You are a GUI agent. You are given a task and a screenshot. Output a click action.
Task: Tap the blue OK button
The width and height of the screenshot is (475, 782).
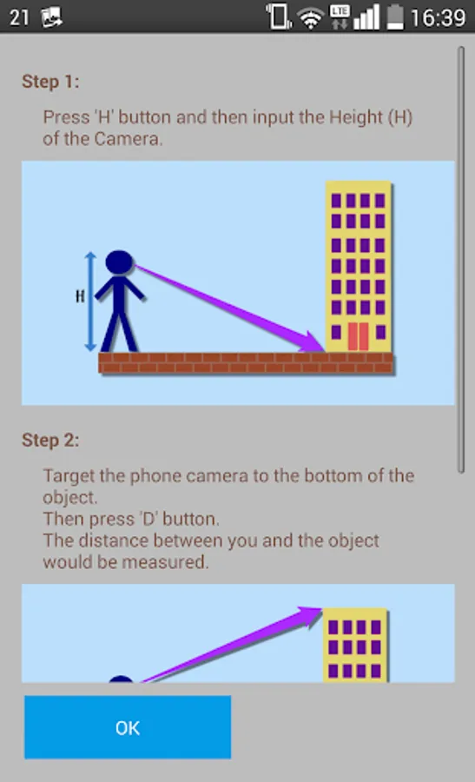click(128, 727)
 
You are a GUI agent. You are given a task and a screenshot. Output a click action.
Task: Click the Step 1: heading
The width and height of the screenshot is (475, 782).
click(50, 82)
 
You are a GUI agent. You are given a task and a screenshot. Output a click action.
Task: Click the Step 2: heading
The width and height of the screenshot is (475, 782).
click(50, 440)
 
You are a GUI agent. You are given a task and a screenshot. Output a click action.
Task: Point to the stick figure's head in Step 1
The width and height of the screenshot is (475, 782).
click(119, 262)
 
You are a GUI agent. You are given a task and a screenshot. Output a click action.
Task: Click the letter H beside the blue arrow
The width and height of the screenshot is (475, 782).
click(80, 297)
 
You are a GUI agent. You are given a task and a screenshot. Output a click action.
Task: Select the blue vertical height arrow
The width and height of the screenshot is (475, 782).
click(90, 302)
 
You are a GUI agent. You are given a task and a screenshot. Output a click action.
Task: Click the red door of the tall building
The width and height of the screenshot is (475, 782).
click(358, 336)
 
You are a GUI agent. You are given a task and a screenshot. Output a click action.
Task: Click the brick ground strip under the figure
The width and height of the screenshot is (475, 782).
click(246, 362)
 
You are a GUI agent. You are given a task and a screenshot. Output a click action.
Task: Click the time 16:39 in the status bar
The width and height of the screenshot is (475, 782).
click(439, 18)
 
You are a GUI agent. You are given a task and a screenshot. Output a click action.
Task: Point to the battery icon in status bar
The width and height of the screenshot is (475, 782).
click(395, 17)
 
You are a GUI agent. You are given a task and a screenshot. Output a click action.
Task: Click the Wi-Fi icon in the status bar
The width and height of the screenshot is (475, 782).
click(310, 19)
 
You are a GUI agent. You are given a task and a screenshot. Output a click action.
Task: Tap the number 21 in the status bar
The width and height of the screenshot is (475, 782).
click(19, 18)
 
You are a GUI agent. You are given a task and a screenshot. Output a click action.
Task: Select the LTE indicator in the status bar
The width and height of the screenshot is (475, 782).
click(340, 17)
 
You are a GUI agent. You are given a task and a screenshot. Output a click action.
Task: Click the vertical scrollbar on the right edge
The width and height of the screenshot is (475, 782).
click(461, 259)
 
